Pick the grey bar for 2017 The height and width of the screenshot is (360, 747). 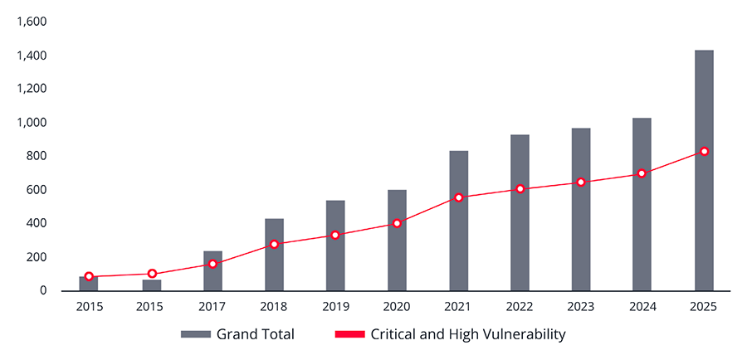212,270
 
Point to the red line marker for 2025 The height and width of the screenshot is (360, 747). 704,152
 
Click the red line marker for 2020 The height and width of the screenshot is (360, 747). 397,223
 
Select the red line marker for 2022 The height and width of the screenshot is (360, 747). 520,189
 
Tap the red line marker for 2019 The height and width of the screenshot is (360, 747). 335,236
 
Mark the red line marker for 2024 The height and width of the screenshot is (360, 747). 642,174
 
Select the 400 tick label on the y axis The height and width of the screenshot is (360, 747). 36,224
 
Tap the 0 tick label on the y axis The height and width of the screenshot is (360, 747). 43,291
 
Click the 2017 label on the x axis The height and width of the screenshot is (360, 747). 212,307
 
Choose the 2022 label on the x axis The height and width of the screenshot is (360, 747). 520,307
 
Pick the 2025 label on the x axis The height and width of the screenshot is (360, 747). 704,307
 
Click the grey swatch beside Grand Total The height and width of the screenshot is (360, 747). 195,335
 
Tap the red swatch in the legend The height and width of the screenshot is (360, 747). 349,335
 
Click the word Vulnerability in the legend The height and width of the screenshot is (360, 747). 524,335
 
